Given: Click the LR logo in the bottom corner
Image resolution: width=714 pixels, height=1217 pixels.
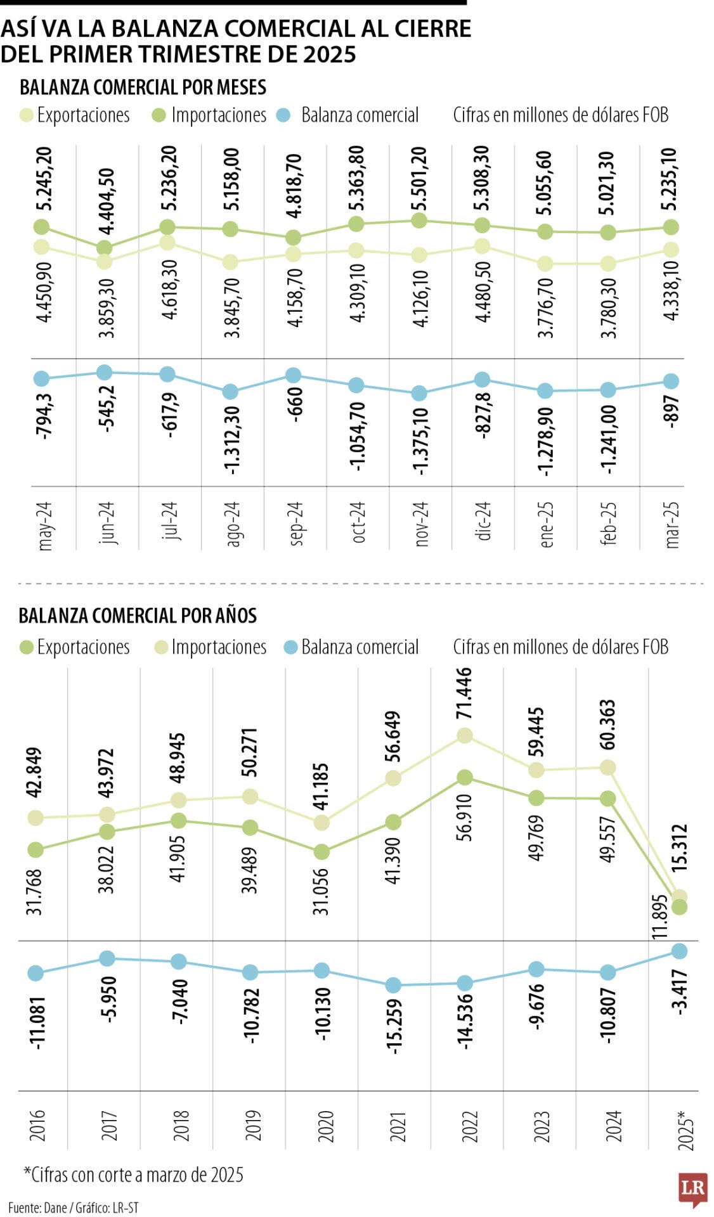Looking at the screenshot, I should [x=692, y=1190].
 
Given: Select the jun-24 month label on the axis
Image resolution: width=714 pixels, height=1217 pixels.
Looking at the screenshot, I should [x=107, y=523].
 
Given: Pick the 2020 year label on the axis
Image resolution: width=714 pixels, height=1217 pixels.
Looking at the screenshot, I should [x=325, y=1126].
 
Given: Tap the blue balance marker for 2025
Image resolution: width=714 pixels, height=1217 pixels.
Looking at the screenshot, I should [x=680, y=951].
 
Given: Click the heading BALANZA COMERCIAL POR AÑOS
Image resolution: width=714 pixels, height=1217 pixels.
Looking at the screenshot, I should [x=138, y=615].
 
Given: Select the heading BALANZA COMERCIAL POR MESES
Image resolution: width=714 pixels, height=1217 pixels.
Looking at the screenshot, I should [x=143, y=87].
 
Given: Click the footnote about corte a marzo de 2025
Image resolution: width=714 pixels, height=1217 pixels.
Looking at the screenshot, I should [x=133, y=1175].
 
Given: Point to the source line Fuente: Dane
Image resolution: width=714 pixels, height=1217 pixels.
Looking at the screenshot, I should [x=73, y=1207].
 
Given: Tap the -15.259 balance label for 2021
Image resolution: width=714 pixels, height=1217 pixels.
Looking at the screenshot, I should [x=394, y=1026].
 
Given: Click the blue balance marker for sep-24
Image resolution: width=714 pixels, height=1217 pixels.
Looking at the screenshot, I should [x=293, y=375].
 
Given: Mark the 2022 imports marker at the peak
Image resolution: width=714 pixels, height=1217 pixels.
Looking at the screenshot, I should [x=465, y=735].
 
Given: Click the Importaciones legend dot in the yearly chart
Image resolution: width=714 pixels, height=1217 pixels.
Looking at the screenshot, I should [x=161, y=647].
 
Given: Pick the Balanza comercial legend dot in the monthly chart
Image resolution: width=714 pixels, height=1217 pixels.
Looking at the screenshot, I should [x=284, y=115].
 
